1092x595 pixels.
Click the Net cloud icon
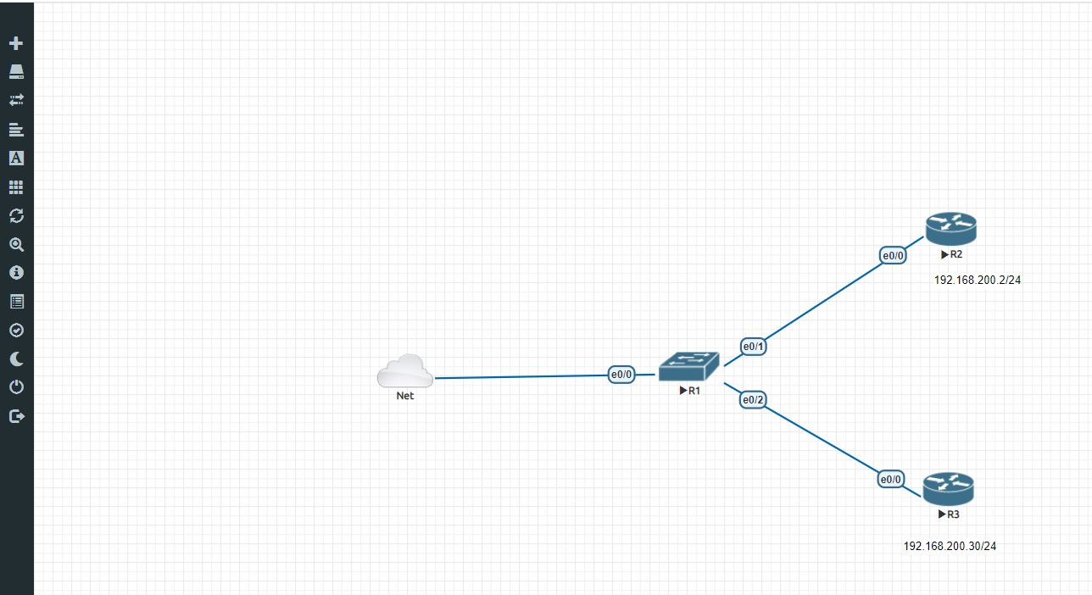[405, 371]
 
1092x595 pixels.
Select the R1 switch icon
[688, 366]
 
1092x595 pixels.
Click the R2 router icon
[951, 229]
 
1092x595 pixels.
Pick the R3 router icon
[948, 489]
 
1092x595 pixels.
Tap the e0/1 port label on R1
[753, 347]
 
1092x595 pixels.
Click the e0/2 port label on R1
[753, 400]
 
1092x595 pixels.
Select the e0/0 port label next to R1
[621, 375]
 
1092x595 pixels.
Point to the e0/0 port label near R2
[893, 255]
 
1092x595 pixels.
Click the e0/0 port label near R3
[891, 480]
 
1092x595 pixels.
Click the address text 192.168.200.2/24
[977, 281]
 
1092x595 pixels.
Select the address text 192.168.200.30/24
[950, 547]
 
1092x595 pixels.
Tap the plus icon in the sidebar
[16, 43]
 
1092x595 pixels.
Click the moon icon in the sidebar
[17, 359]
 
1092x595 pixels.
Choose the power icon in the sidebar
[17, 387]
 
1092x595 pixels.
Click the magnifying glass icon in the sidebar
[17, 245]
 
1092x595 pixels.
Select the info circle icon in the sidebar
[17, 273]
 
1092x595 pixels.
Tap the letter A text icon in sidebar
[17, 158]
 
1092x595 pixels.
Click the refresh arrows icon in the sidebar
[17, 216]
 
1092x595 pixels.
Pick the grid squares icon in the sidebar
[17, 187]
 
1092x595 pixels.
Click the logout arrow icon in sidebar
[17, 417]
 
